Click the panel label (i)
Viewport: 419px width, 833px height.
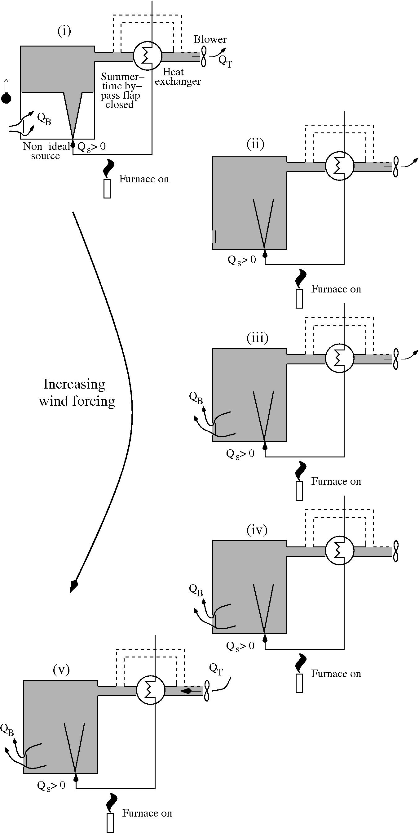[64, 31]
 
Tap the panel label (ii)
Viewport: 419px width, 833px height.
[255, 144]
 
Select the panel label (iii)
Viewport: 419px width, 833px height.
[257, 338]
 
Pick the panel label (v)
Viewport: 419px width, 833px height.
[61, 670]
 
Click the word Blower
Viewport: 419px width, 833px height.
[210, 39]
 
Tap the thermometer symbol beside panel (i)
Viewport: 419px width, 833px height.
[7, 93]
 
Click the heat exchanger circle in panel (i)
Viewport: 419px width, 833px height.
[148, 56]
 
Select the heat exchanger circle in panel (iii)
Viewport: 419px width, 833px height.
[340, 358]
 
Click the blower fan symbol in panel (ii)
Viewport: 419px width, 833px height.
[395, 166]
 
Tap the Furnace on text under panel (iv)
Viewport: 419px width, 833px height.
[336, 674]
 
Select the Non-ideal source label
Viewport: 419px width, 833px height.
[46, 151]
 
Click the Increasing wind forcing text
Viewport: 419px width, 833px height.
[77, 392]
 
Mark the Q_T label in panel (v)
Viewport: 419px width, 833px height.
[216, 669]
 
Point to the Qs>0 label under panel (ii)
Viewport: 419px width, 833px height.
[242, 260]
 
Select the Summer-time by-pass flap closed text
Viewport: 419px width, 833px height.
[121, 91]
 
